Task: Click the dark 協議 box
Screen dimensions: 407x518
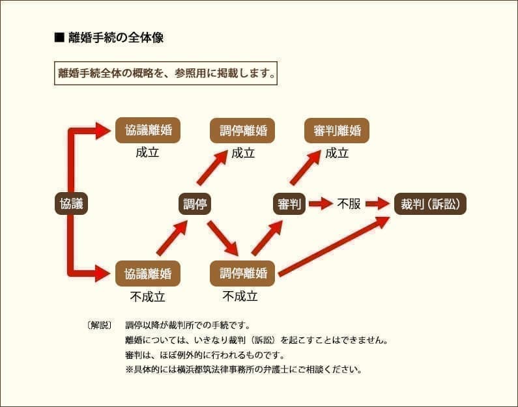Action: [x=71, y=204]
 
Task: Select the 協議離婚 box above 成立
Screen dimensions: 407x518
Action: [x=148, y=130]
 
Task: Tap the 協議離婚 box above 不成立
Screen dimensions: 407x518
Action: [x=148, y=274]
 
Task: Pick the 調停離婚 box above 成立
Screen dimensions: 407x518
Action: [x=242, y=130]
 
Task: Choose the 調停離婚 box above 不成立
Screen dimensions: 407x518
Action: [x=242, y=274]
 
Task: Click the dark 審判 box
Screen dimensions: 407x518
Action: [x=289, y=204]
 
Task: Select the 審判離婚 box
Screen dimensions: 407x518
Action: [x=337, y=130]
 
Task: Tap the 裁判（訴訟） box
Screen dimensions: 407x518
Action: [x=430, y=204]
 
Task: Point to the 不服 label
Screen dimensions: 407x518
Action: [x=349, y=204]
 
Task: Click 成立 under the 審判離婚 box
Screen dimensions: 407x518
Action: [x=337, y=154]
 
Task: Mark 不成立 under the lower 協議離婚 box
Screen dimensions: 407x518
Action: [x=148, y=297]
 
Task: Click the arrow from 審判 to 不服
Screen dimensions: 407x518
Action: [x=321, y=204]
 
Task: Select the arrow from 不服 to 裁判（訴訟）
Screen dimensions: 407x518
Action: [x=377, y=204]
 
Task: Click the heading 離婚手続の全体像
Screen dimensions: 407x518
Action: [x=115, y=38]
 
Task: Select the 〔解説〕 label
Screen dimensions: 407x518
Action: [x=99, y=324]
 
